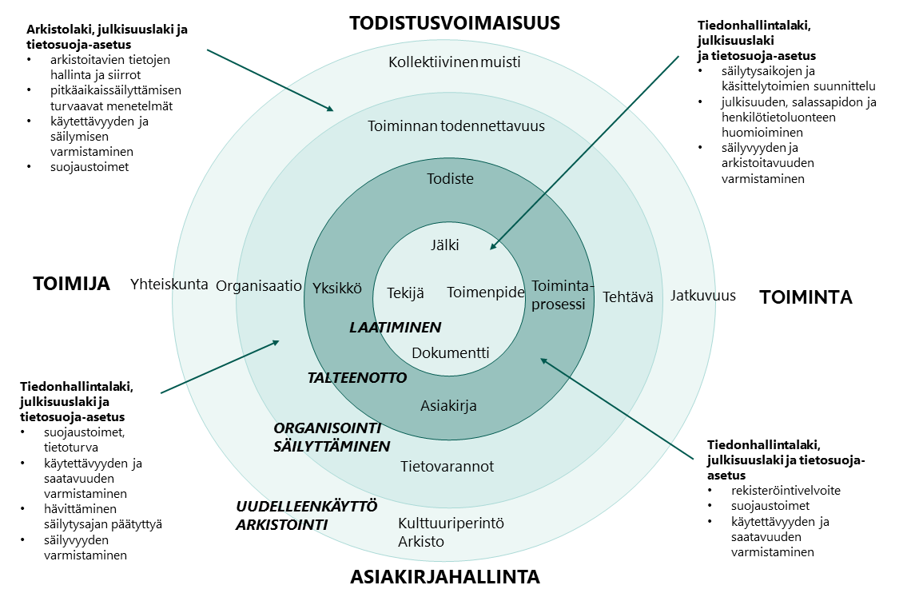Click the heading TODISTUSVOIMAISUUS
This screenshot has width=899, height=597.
pyautogui.click(x=455, y=23)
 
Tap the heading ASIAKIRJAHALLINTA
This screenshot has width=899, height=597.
pyautogui.click(x=445, y=576)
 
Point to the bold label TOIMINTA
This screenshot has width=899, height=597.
pyautogui.click(x=806, y=297)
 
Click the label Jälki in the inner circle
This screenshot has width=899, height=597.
pyautogui.click(x=445, y=245)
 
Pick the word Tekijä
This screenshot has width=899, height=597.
pyautogui.click(x=405, y=293)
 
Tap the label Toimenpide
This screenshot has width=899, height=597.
pyautogui.click(x=485, y=293)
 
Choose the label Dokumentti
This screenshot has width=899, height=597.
pyautogui.click(x=450, y=352)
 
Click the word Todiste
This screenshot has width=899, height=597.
pyautogui.click(x=450, y=178)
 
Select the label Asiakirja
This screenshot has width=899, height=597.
pyautogui.click(x=448, y=406)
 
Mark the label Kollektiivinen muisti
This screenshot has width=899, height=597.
pyautogui.click(x=454, y=62)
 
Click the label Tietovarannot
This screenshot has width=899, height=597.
pyautogui.click(x=447, y=466)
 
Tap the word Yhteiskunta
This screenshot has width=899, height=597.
pyautogui.click(x=169, y=284)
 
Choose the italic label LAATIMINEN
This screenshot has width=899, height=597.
pyautogui.click(x=396, y=327)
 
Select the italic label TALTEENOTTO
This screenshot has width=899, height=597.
pyautogui.click(x=357, y=377)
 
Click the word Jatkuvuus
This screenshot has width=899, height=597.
pyautogui.click(x=702, y=296)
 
